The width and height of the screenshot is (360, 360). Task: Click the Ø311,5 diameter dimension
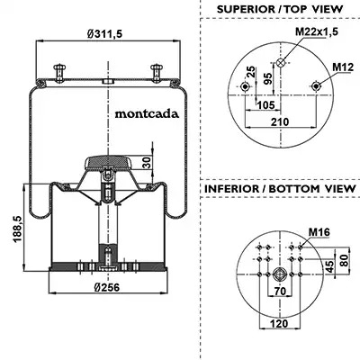tap(104, 34)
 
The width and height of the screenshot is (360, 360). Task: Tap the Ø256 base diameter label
tap(106, 287)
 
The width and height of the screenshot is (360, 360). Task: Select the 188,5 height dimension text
tap(17, 229)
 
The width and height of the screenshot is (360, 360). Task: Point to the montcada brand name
tap(147, 113)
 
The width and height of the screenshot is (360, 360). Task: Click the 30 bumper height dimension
tap(147, 163)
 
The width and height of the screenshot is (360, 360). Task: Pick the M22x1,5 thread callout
tap(317, 31)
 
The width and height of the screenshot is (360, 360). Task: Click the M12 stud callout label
tap(343, 67)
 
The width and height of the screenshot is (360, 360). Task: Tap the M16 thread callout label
tap(319, 232)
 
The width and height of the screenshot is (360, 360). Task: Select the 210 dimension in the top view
tap(280, 121)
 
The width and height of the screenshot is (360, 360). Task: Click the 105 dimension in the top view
tap(266, 104)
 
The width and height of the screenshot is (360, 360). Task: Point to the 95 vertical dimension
tap(268, 78)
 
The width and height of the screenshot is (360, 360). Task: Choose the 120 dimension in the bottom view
tap(279, 324)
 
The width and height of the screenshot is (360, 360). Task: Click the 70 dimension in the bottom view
tap(280, 291)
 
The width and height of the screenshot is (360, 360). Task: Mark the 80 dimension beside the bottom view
tap(345, 260)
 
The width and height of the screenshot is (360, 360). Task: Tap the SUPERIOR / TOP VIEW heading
tap(280, 9)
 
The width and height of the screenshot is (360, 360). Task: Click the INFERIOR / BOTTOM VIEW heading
tap(280, 189)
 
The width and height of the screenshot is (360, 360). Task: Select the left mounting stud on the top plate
tap(59, 72)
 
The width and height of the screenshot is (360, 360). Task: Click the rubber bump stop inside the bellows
tap(108, 163)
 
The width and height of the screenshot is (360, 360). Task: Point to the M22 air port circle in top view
tap(281, 63)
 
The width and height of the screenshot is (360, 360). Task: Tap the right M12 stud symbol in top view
tap(316, 86)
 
